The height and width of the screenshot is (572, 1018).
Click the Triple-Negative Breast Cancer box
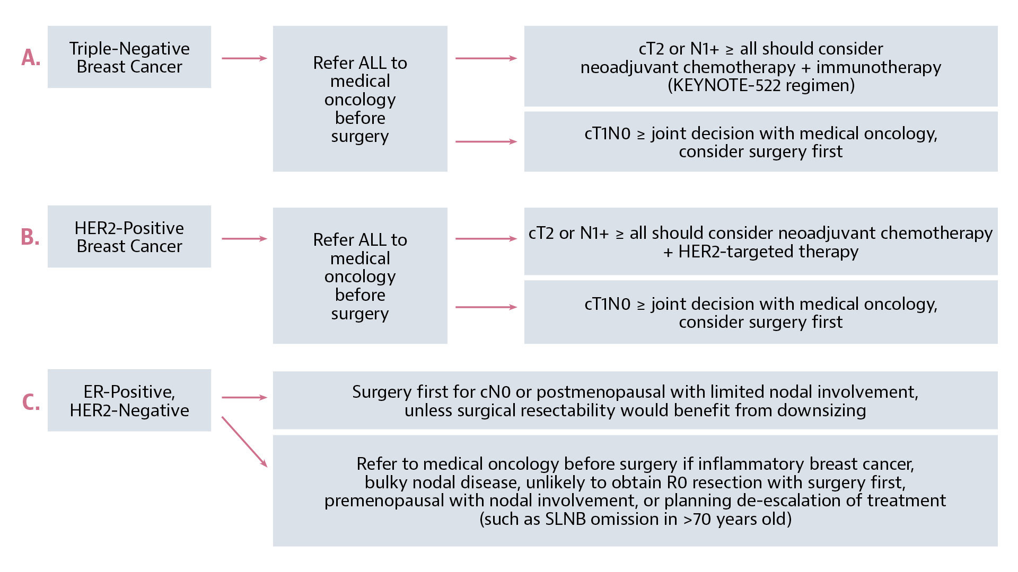coord(129,57)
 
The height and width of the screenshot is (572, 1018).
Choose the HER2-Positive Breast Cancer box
coord(129,237)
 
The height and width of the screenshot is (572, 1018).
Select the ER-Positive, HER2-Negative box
coord(129,400)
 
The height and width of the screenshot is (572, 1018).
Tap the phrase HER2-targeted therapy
coord(768,252)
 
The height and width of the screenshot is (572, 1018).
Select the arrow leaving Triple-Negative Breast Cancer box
coord(244,58)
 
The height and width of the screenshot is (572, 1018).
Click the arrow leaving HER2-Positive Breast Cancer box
coord(244,239)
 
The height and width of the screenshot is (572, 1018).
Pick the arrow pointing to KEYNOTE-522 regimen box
coord(486,58)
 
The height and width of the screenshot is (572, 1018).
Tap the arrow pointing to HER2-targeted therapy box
coord(486,239)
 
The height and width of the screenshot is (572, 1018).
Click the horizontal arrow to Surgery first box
coord(244,397)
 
